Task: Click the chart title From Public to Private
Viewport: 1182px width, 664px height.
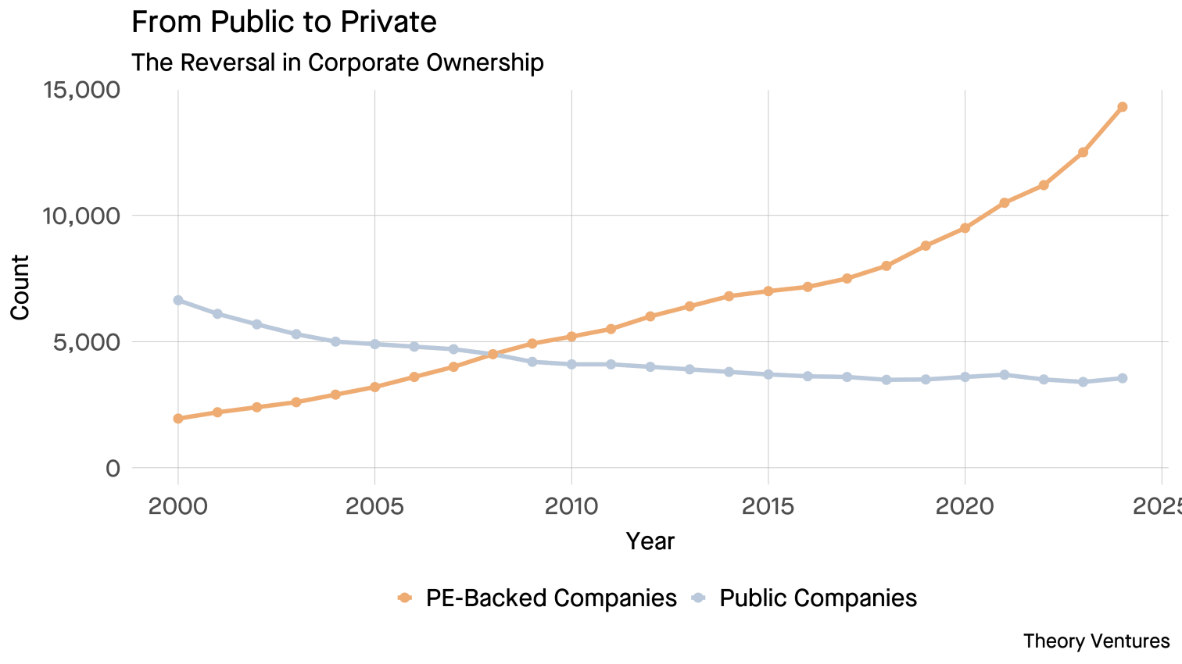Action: (x=284, y=22)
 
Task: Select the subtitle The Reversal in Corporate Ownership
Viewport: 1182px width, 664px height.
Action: (x=337, y=62)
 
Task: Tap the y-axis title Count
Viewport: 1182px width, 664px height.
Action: (x=20, y=287)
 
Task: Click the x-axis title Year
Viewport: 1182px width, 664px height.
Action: (x=650, y=541)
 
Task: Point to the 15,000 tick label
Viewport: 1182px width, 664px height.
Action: (x=81, y=90)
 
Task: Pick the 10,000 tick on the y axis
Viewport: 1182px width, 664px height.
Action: (x=81, y=216)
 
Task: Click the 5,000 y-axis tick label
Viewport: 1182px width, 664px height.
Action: (x=88, y=342)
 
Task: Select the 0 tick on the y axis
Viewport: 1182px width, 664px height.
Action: (x=113, y=468)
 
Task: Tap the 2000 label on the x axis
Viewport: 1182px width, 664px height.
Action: (x=178, y=506)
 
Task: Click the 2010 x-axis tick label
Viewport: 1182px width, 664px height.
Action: (x=571, y=506)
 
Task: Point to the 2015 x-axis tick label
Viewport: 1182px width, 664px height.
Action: (x=768, y=506)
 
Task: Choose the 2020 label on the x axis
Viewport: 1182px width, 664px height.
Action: (x=965, y=506)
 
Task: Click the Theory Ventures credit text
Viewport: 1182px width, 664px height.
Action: (x=1096, y=641)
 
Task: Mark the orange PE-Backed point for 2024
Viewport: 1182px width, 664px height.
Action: (x=1122, y=107)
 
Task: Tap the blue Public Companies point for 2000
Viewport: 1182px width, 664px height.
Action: (x=178, y=300)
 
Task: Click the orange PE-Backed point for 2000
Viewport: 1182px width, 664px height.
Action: (x=178, y=419)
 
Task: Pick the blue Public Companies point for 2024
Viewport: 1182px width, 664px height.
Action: (x=1122, y=378)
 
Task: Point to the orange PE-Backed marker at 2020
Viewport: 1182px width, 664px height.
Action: (x=965, y=228)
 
